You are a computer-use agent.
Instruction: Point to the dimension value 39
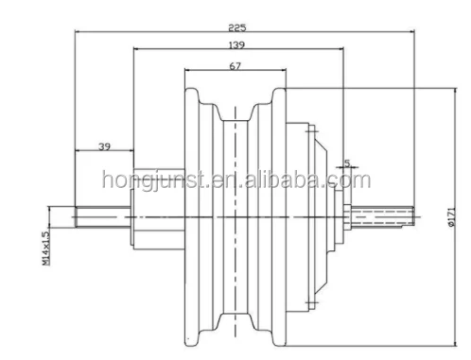pyautogui.click(x=104, y=147)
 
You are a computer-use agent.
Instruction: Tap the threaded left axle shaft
pyautogui.click(x=104, y=215)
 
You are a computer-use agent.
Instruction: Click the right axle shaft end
pyautogui.click(x=397, y=215)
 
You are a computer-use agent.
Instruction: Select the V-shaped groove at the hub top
pyautogui.click(x=235, y=106)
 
